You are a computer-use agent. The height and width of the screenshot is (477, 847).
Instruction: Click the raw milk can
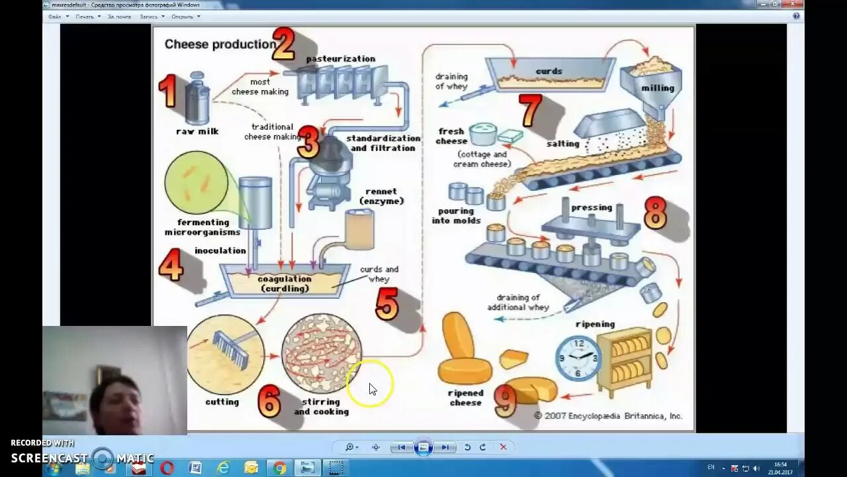(x=197, y=99)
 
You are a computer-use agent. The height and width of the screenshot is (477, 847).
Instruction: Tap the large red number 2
(x=284, y=45)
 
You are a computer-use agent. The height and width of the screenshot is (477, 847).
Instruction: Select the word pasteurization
(x=340, y=59)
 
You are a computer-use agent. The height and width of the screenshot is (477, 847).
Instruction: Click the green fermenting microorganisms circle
(x=196, y=182)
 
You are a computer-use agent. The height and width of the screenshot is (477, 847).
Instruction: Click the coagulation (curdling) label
(x=284, y=284)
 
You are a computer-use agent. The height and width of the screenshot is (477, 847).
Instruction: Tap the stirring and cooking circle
(x=322, y=353)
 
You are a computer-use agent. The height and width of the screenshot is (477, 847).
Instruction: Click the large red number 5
(x=387, y=304)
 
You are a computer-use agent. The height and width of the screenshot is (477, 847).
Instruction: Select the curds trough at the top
(x=550, y=74)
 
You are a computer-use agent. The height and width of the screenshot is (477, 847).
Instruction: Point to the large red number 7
(x=530, y=110)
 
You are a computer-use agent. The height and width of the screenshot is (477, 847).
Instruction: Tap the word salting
(x=562, y=144)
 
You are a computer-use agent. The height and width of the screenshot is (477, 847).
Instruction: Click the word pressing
(x=592, y=207)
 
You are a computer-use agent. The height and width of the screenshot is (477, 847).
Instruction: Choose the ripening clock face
(x=578, y=358)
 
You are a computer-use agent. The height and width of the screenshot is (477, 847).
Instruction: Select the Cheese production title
(x=220, y=44)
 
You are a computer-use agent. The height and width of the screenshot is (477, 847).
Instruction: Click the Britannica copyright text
(x=607, y=416)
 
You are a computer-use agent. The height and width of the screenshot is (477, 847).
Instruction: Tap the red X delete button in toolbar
(x=503, y=447)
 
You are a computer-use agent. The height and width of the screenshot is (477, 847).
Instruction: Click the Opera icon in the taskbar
(x=167, y=468)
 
